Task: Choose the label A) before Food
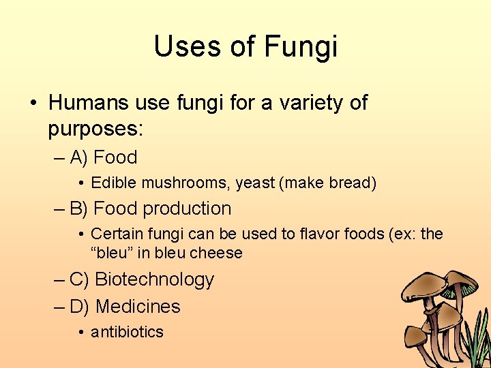click(x=78, y=157)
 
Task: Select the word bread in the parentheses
click(x=351, y=183)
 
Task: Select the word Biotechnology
click(x=155, y=279)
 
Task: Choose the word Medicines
click(x=138, y=307)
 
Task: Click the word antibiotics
click(x=128, y=332)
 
